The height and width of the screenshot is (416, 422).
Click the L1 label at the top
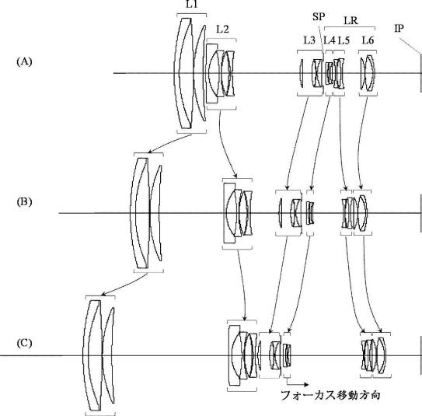pyautogui.click(x=192, y=5)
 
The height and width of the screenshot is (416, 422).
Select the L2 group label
pyautogui.click(x=222, y=29)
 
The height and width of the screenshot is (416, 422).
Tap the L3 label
pyautogui.click(x=309, y=40)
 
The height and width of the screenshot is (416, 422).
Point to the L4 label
pyautogui.click(x=330, y=40)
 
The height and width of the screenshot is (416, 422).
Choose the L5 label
pyautogui.click(x=344, y=40)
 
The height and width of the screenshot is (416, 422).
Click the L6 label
pyautogui.click(x=368, y=40)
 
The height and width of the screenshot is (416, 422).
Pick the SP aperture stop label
pyautogui.click(x=319, y=16)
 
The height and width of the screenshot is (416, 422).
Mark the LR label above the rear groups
pyautogui.click(x=351, y=20)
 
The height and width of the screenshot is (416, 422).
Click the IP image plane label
pyautogui.click(x=399, y=28)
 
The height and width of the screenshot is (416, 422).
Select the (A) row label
pyautogui.click(x=24, y=61)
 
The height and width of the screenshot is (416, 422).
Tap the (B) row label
pyautogui.click(x=24, y=201)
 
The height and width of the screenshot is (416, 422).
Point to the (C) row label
pyautogui.click(x=24, y=344)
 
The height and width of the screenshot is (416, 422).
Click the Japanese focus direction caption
pyautogui.click(x=330, y=395)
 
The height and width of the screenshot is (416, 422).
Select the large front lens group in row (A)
pyautogui.click(x=190, y=73)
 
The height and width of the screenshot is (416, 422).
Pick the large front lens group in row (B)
pyautogui.click(x=146, y=213)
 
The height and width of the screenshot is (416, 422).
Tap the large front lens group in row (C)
pyautogui.click(x=99, y=355)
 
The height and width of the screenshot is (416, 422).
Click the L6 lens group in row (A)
pyautogui.click(x=368, y=73)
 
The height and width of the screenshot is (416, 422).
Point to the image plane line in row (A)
pyautogui.click(x=420, y=73)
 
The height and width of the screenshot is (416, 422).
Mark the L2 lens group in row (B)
pyautogui.click(x=238, y=213)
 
